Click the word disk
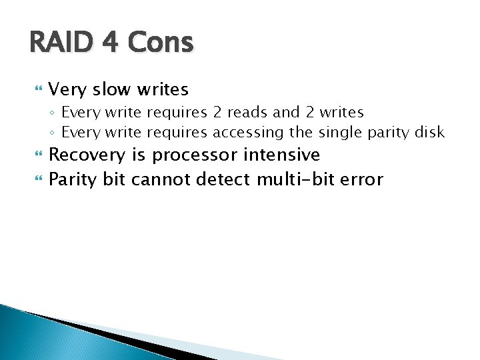coord(429,132)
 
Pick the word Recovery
coord(87,156)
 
